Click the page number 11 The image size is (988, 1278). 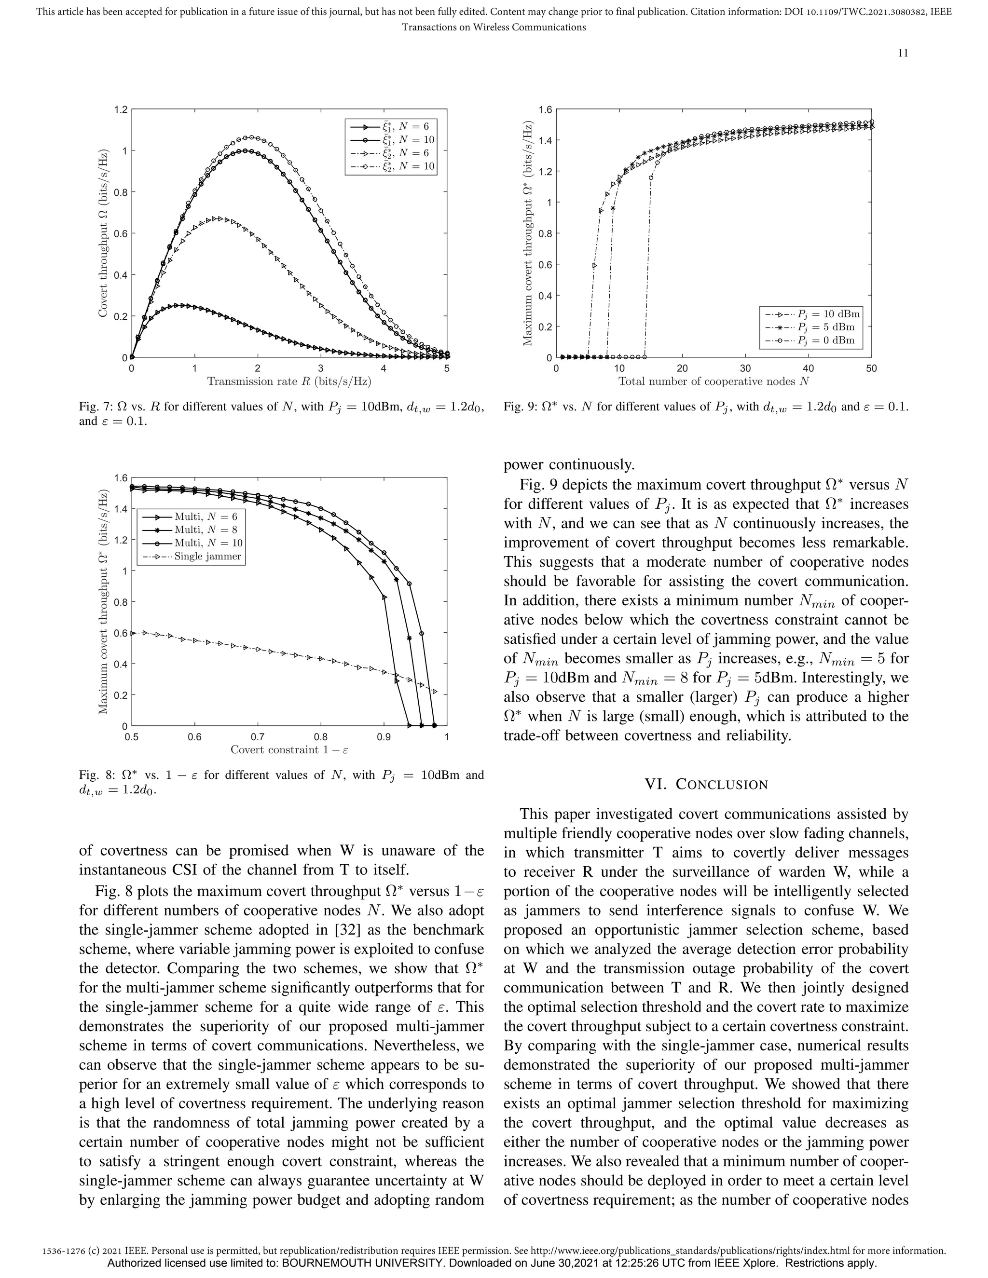903,53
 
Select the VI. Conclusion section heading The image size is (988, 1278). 706,784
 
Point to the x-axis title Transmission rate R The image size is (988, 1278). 289,381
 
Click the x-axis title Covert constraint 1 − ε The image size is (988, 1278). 289,749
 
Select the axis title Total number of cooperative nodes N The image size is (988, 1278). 714,381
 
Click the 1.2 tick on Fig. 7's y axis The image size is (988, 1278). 121,109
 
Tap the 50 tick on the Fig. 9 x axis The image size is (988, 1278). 871,368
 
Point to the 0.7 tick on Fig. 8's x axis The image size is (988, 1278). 258,737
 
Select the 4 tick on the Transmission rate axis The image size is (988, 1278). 384,368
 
